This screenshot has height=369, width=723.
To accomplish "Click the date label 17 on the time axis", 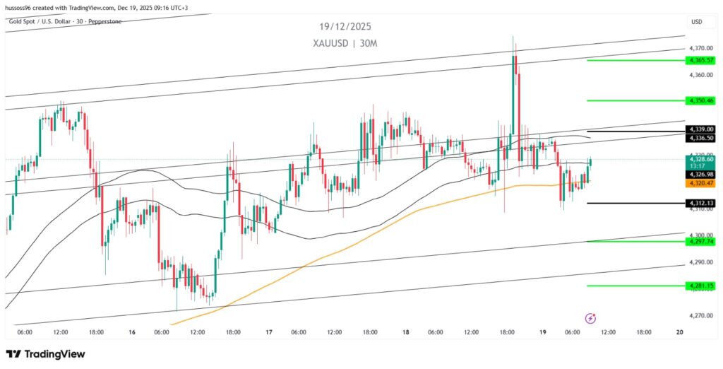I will pos(269,332).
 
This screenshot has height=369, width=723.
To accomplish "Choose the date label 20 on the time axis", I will pos(679,332).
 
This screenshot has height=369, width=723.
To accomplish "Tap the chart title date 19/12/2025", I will pos(345,27).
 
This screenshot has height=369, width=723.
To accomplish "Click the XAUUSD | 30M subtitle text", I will pos(345,43).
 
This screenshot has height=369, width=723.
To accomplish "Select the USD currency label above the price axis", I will pos(696,22).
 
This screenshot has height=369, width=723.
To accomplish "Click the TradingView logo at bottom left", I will pos(45,353).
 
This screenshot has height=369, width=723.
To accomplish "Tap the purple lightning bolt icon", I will pos(592,318).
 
